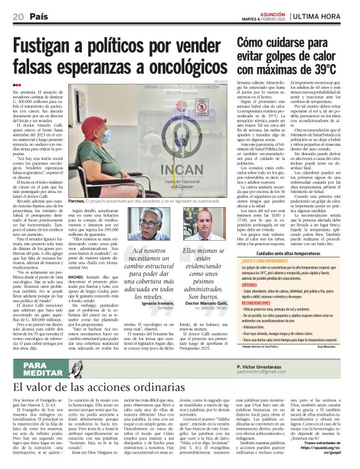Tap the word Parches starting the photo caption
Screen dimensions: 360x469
point(78,202)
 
